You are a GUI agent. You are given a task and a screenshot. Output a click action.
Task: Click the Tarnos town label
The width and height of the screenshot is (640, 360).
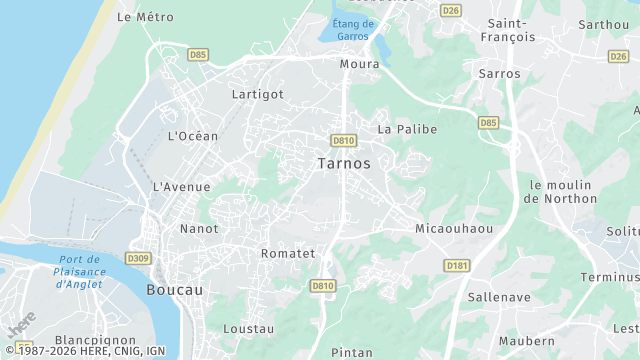pos(344,163)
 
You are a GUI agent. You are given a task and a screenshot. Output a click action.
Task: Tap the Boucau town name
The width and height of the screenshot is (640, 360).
pos(175,289)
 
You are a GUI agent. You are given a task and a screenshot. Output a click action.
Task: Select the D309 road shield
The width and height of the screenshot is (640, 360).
pos(138,259)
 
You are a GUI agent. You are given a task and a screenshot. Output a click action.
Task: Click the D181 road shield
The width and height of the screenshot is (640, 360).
pos(457,265)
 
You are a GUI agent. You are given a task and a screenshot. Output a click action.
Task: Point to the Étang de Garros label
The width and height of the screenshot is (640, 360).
pos(352,30)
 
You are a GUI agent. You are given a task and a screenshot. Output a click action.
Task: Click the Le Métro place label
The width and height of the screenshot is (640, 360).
pos(145,17)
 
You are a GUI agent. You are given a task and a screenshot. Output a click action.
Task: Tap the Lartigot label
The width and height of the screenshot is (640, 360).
pos(258,94)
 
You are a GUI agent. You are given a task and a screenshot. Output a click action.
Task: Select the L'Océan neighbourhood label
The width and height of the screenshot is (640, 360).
pos(193,136)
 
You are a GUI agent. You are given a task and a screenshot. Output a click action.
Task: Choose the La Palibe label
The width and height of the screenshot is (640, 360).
pos(407,129)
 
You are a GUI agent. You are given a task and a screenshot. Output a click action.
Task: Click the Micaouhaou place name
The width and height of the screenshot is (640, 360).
pos(454,229)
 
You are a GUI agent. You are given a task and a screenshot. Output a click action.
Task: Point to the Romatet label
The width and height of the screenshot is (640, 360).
pos(288,253)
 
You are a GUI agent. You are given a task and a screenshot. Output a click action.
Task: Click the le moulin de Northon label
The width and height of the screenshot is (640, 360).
pos(562,191)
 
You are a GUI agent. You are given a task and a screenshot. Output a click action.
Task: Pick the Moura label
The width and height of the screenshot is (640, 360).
pos(360,64)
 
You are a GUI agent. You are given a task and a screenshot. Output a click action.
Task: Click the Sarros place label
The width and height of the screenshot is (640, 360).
pos(499,74)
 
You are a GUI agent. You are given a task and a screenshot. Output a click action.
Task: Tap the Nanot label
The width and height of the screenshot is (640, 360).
pos(199,229)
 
